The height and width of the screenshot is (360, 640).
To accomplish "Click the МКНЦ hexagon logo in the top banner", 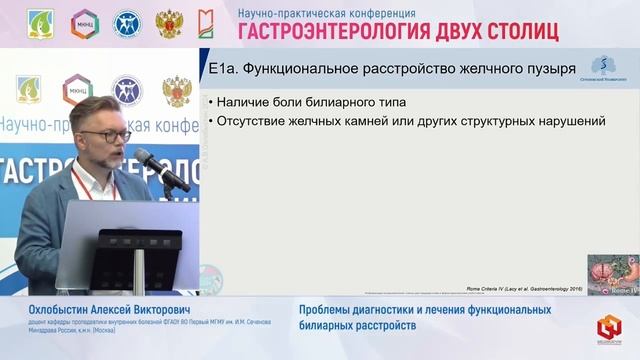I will click(x=84, y=23).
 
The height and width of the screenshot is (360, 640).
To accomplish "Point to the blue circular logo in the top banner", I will click(x=128, y=23).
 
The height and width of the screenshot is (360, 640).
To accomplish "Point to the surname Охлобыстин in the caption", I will click(x=63, y=310).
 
